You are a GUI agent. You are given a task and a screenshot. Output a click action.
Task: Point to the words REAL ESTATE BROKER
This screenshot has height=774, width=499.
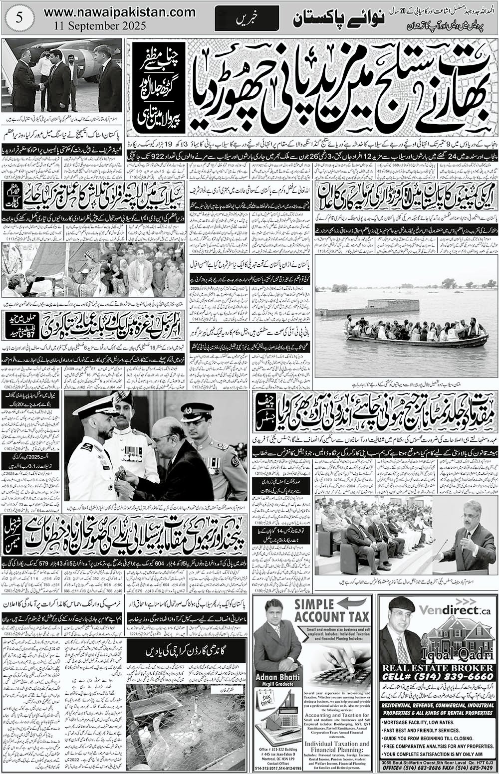[x=438, y=668]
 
